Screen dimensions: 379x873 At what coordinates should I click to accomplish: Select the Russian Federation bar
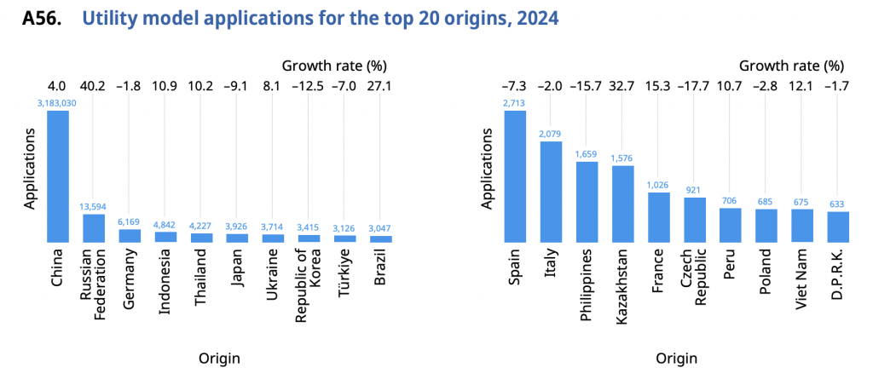point(93,228)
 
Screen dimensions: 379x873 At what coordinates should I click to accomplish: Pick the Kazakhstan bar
point(623,204)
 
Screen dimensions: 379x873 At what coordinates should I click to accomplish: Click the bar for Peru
point(731,225)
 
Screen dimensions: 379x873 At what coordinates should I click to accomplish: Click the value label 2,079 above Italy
point(551,135)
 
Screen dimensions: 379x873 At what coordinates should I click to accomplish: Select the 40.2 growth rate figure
point(93,85)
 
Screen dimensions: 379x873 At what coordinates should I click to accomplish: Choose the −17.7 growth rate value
point(695,85)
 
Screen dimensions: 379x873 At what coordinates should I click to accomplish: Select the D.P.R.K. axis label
point(838,277)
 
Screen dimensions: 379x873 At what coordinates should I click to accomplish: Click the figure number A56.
point(42,18)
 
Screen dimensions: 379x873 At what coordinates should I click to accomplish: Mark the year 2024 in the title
point(537,18)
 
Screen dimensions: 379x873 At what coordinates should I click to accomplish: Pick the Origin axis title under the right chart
point(676,358)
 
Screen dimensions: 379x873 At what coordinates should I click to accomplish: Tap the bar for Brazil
point(380,238)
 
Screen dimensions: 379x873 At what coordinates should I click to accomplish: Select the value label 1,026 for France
point(659,186)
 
